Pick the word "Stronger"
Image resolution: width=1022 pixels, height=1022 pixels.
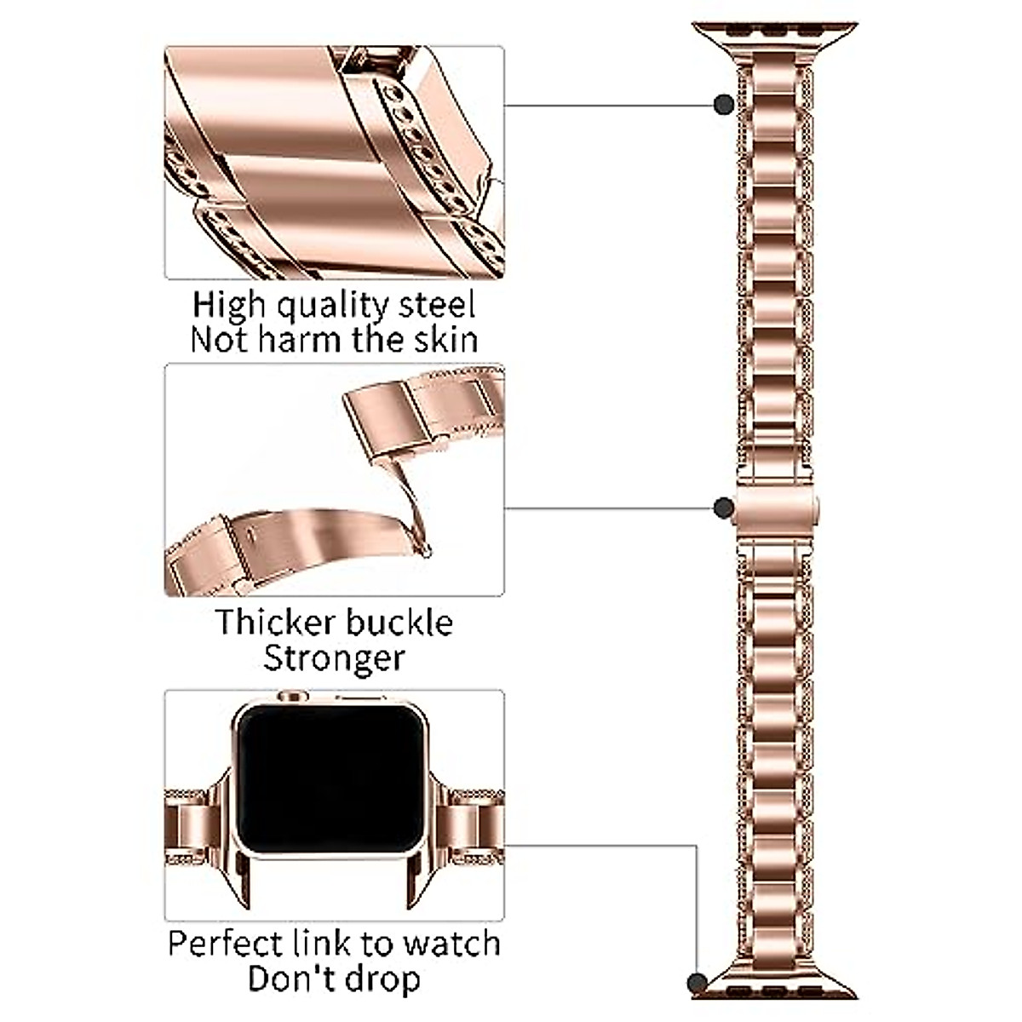334,658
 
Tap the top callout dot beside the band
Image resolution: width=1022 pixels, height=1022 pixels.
724,104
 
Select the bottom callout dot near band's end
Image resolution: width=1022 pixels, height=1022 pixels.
701,1005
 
